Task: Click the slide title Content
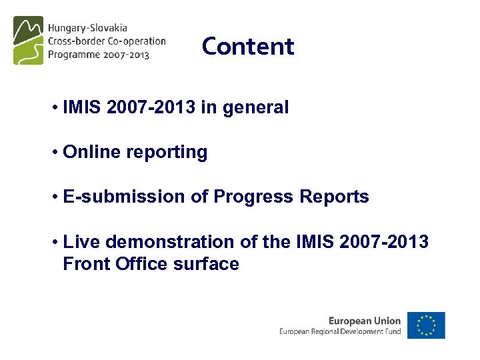coord(247,47)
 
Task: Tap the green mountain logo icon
coord(28,40)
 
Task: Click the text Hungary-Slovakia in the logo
coord(87,29)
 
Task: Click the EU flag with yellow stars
coord(426,325)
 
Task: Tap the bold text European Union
coord(365,321)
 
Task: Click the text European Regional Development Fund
coord(340,331)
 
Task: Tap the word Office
coord(141,264)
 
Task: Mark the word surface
coord(206,264)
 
